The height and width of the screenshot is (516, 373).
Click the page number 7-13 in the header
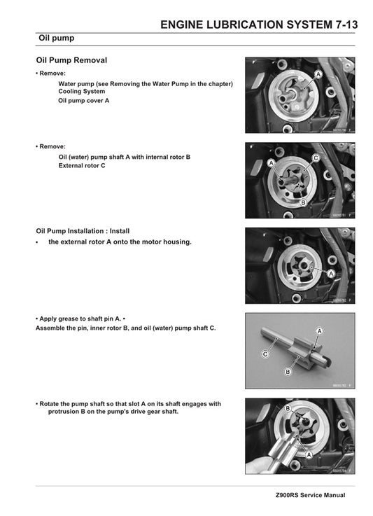342,25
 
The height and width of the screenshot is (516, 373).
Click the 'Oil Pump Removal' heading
71,61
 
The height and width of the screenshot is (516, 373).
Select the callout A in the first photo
318,74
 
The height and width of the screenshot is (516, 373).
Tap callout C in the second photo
316,158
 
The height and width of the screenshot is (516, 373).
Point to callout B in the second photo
303,202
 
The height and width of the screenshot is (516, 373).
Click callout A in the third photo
331,273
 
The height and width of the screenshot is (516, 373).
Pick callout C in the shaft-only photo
265,355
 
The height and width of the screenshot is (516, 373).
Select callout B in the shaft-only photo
288,372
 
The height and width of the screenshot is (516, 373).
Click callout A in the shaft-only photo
319,330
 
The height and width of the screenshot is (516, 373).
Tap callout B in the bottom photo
288,408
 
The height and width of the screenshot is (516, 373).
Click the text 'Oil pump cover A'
83,100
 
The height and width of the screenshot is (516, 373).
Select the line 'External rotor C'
82,166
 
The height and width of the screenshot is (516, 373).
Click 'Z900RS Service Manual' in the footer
310,495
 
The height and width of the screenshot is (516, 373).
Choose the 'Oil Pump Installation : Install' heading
83,230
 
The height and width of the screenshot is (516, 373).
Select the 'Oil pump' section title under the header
57,39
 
